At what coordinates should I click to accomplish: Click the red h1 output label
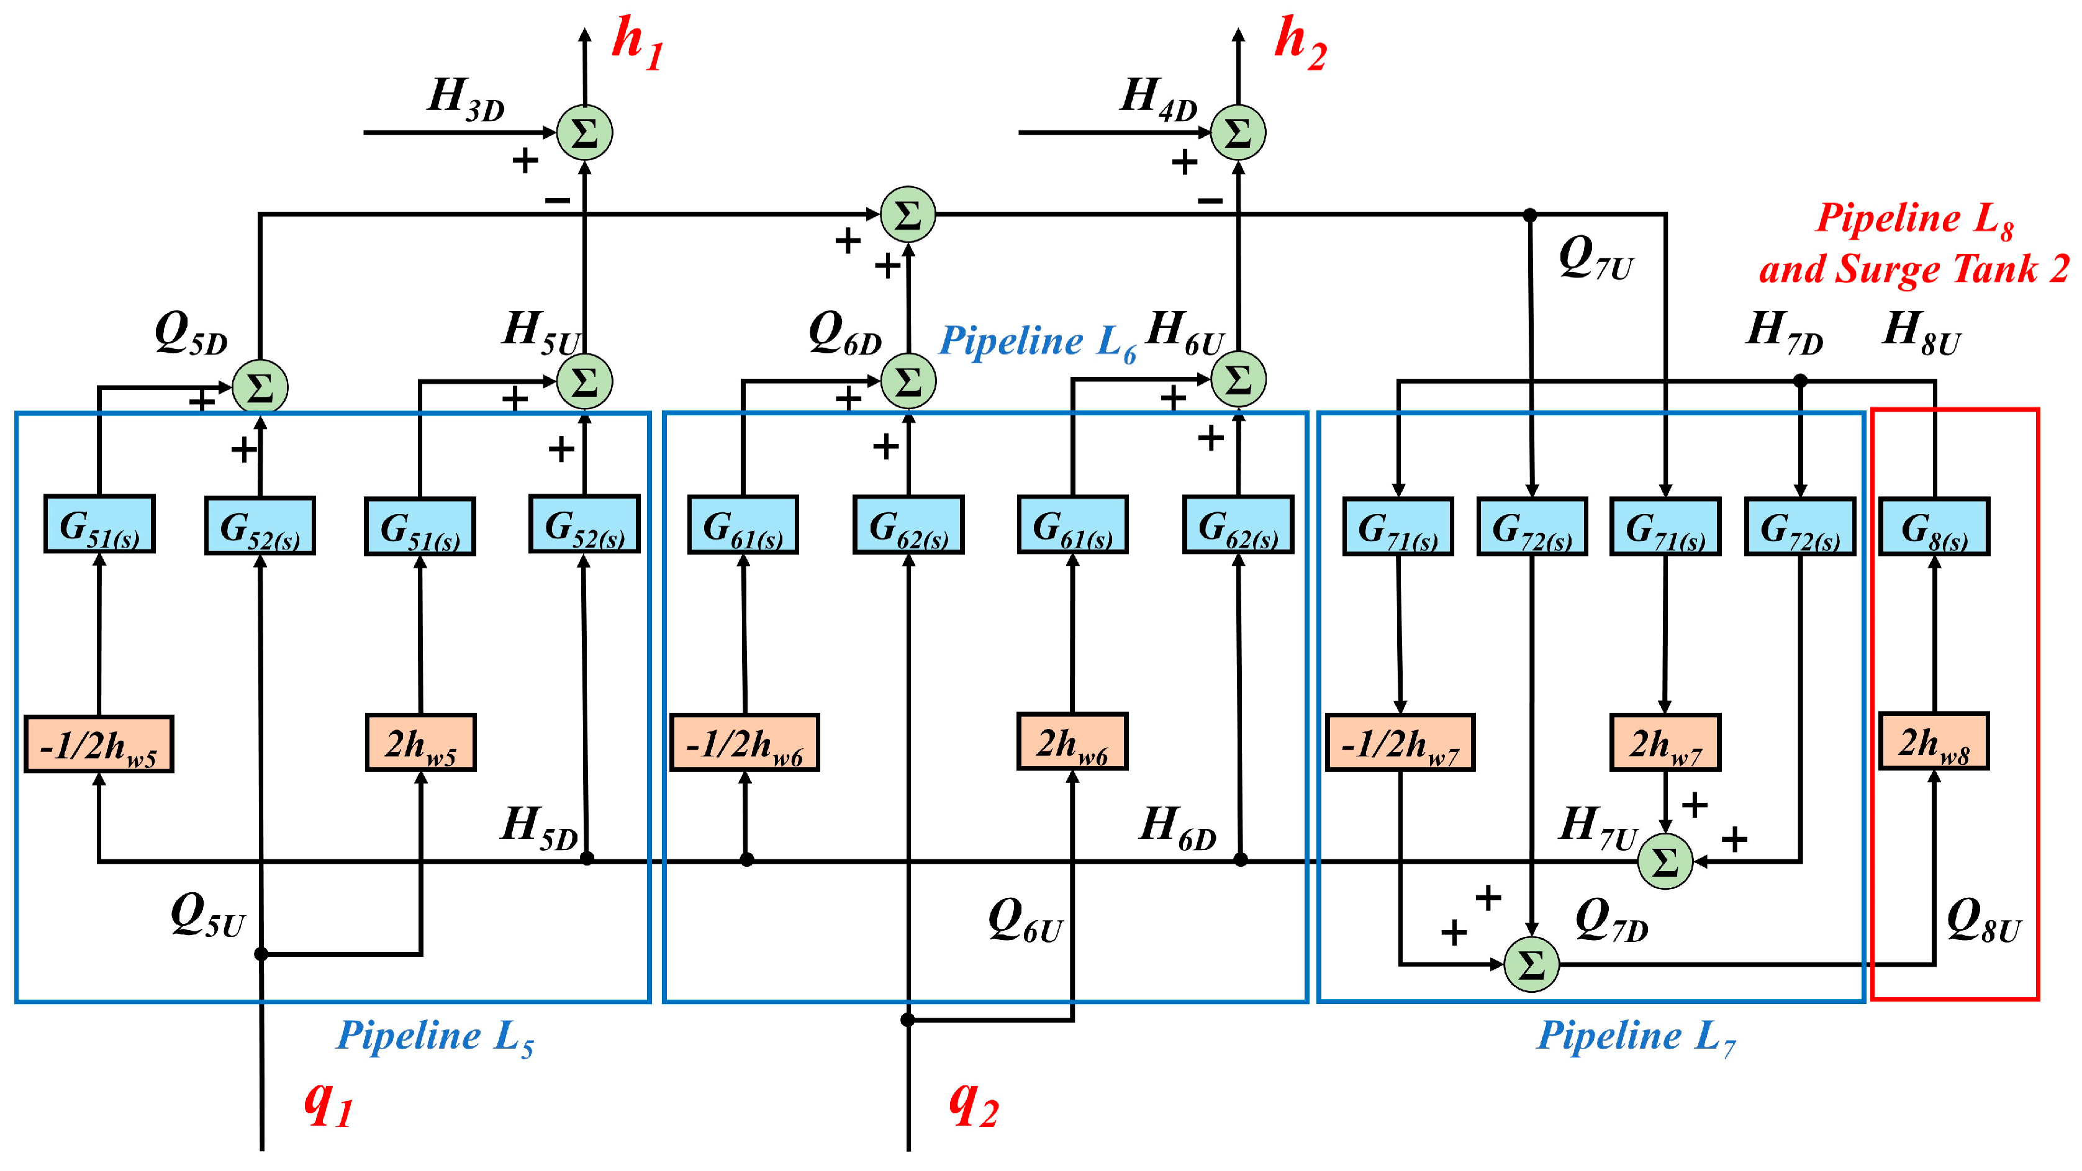(x=638, y=45)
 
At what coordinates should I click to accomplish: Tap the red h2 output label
(x=1300, y=45)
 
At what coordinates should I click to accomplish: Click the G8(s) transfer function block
(x=1934, y=527)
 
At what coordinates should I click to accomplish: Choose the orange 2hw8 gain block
(x=1934, y=741)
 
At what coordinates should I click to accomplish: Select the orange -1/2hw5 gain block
(x=99, y=743)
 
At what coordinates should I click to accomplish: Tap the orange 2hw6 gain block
(x=1072, y=741)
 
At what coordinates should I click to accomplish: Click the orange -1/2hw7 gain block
(x=1400, y=743)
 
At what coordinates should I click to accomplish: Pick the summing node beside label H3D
(x=584, y=132)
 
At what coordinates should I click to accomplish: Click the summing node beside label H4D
(x=1238, y=132)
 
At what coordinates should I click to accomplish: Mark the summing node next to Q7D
(x=1531, y=964)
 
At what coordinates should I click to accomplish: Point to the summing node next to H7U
(x=1665, y=861)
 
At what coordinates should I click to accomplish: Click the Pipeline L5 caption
(x=435, y=1038)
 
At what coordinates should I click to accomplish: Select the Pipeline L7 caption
(x=1636, y=1038)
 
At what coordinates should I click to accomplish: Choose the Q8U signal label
(x=1983, y=921)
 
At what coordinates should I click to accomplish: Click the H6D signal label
(x=1177, y=828)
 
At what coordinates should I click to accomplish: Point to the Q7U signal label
(x=1595, y=258)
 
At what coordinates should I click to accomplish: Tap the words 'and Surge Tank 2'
(x=1914, y=269)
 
